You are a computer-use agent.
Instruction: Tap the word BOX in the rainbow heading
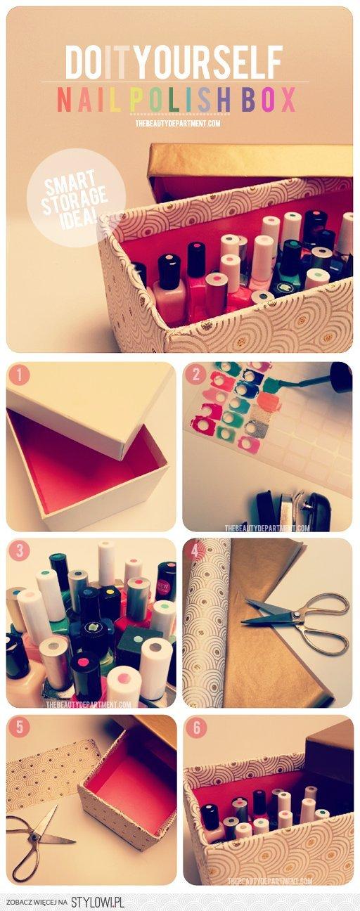point(268,99)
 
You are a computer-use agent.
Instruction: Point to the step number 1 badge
point(19,375)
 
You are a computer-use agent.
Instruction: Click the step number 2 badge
point(195,375)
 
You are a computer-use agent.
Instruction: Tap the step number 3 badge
point(19,552)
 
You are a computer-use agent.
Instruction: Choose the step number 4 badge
point(195,552)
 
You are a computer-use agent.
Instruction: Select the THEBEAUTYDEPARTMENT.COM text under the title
point(179,123)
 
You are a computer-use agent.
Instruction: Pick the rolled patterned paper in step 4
point(205,622)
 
